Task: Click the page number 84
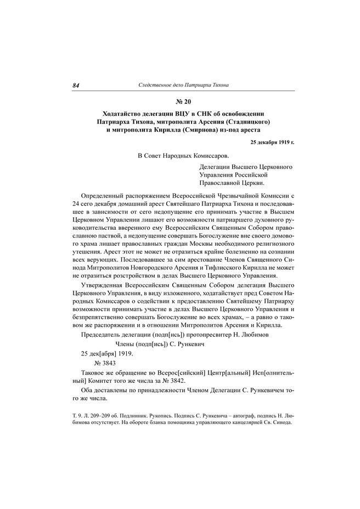76,86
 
